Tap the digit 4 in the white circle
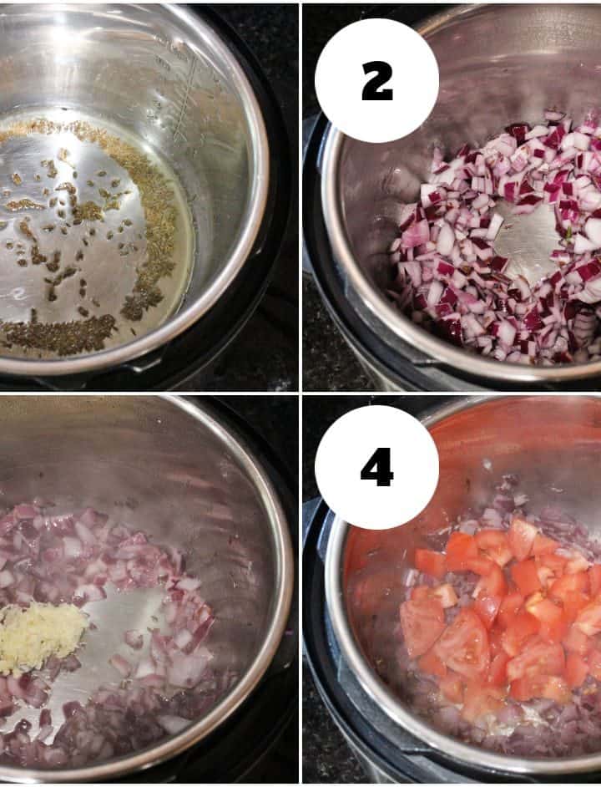[376, 468]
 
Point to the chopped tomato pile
[502, 612]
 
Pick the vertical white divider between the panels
[300, 393]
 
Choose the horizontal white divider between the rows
[300, 393]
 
